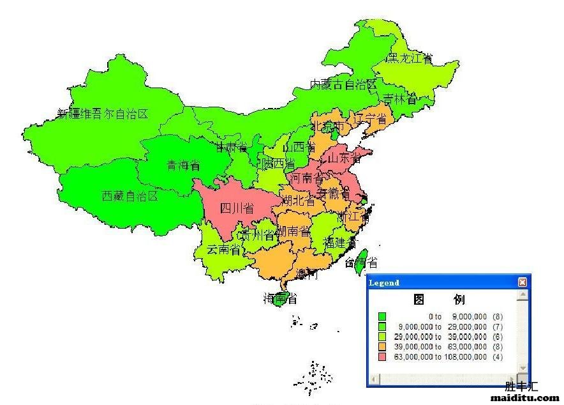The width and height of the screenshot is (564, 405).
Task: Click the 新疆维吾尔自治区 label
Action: tap(102, 114)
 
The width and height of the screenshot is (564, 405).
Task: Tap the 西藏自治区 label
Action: tap(130, 196)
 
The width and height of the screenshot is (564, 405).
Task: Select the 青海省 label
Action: tap(183, 165)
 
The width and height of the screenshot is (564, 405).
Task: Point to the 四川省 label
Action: tap(236, 208)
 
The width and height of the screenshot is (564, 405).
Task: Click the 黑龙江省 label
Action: tap(410, 59)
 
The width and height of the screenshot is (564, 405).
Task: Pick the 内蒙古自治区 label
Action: tap(343, 84)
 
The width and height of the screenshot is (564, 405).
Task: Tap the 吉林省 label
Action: tap(399, 100)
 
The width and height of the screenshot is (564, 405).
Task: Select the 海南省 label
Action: tap(280, 298)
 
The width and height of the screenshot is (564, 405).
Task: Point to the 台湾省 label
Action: tap(361, 263)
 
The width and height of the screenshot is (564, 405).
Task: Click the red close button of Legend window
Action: tap(523, 282)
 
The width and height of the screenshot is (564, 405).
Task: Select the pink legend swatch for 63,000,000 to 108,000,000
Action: tap(382, 357)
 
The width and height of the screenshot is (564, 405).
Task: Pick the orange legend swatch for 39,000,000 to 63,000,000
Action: tap(382, 347)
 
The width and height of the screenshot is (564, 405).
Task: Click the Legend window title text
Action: tap(385, 282)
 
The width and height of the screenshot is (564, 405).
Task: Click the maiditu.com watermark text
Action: tap(524, 397)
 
